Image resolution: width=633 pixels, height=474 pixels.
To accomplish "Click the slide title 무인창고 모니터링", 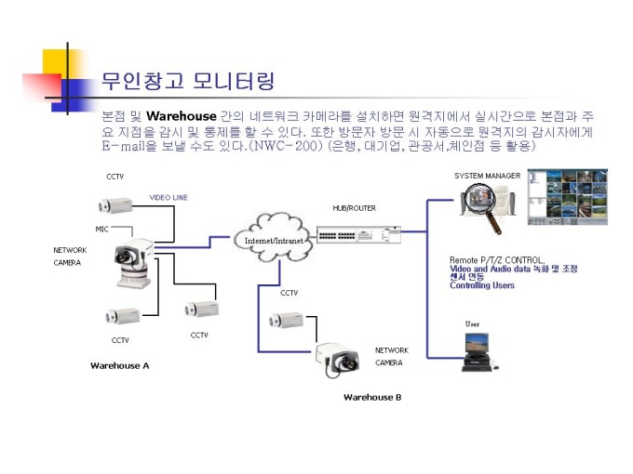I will (x=187, y=81).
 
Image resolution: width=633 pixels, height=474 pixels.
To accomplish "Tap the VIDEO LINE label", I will (x=168, y=198).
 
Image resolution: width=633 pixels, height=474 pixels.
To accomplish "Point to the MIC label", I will (x=102, y=229).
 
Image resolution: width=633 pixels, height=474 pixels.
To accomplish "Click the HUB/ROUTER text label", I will (x=354, y=208).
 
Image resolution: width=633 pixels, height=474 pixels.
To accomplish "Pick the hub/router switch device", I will (x=358, y=234).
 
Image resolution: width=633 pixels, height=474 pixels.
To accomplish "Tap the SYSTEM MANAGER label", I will (x=487, y=176).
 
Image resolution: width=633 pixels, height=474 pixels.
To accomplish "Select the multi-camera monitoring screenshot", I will (x=567, y=196).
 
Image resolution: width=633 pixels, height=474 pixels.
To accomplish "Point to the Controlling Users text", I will (x=482, y=285).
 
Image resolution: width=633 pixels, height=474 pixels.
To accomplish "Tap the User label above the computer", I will (x=474, y=323).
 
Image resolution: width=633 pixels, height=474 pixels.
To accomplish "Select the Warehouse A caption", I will (x=119, y=365).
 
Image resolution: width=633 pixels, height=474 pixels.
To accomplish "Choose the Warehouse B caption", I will (x=372, y=397).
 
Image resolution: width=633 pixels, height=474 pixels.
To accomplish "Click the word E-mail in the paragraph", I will (x=123, y=147).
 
